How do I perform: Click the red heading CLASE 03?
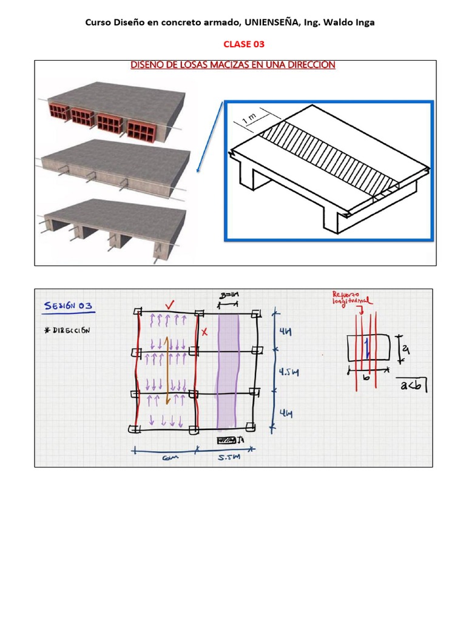click(244, 44)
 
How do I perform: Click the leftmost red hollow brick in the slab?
click(58, 113)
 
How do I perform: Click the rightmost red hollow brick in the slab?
click(141, 130)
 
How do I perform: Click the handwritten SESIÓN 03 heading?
click(68, 307)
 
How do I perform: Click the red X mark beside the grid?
click(204, 332)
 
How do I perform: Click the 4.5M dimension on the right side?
click(285, 372)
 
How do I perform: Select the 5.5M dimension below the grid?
click(229, 459)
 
